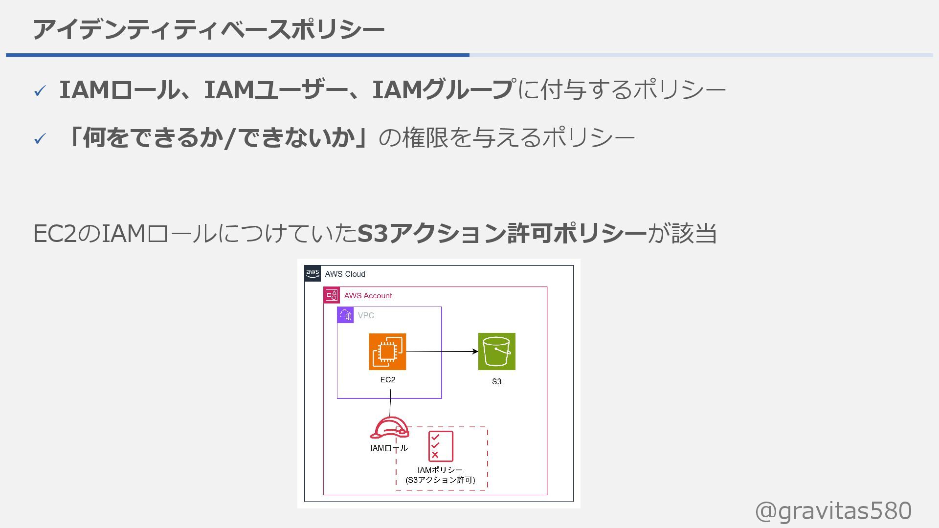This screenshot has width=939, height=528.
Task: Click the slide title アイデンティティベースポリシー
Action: click(x=208, y=30)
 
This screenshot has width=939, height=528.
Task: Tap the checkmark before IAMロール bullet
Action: click(x=40, y=90)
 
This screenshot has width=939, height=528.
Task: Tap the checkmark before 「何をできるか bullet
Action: click(x=40, y=139)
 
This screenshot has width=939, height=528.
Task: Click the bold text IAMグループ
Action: click(x=442, y=90)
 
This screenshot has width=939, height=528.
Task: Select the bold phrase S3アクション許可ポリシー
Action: click(x=502, y=233)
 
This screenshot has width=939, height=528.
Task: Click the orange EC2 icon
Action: click(x=387, y=352)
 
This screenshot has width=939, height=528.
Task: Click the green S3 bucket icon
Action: click(x=496, y=352)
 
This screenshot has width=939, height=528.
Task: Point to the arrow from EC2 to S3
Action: click(x=441, y=352)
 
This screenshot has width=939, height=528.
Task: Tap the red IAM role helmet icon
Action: click(x=389, y=428)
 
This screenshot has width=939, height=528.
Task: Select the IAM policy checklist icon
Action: click(x=441, y=446)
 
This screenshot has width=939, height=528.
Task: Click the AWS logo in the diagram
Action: click(x=313, y=273)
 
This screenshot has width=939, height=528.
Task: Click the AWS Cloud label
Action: click(x=345, y=274)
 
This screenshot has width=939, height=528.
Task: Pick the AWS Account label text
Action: click(x=368, y=296)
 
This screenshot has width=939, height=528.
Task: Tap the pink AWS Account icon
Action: click(x=332, y=295)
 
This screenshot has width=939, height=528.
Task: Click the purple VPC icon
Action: click(x=346, y=315)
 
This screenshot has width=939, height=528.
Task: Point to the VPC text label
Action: click(x=366, y=316)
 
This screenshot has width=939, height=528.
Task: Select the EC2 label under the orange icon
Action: click(x=387, y=380)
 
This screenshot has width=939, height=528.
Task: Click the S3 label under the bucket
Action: click(x=496, y=382)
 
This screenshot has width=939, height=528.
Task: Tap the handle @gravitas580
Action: click(x=833, y=511)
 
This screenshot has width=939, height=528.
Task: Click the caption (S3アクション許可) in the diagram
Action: click(x=440, y=480)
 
